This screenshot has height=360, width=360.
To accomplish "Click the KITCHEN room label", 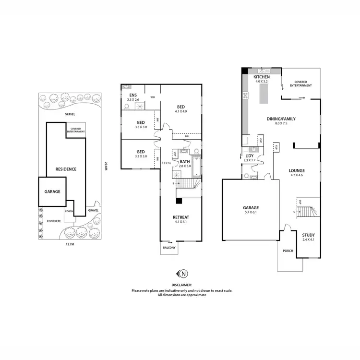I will click(x=262, y=77).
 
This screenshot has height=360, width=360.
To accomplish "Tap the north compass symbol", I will click(x=183, y=274).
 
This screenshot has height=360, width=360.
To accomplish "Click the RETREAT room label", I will click(x=181, y=217).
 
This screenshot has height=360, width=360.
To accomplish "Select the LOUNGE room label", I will click(x=297, y=170).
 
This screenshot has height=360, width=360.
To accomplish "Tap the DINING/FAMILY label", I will click(x=281, y=119).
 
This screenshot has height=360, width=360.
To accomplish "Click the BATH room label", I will click(x=185, y=162).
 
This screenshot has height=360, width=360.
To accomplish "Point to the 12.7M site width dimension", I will click(x=70, y=244).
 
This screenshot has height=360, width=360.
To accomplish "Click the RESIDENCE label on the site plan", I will click(x=66, y=169).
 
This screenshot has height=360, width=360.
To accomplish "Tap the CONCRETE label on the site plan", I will click(x=54, y=221).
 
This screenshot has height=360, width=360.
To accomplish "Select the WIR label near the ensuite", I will click(x=152, y=97).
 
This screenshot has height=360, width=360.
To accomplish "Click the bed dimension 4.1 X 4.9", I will click(x=181, y=112).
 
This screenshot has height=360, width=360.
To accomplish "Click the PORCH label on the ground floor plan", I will click(x=288, y=251).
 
